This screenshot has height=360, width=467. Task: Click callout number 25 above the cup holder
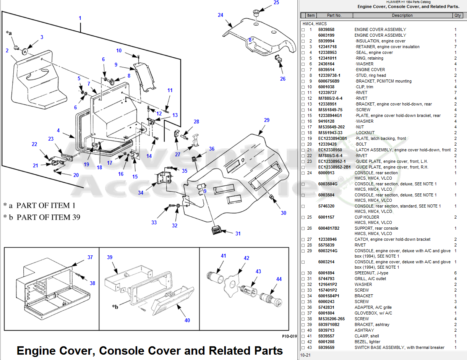[x=276, y=3]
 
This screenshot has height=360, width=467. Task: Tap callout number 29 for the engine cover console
[x=267, y=120]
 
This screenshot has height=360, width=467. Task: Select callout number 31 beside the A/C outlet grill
[x=238, y=234]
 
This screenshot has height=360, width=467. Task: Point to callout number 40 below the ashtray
[x=187, y=320]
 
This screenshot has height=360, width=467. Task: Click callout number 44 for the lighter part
[x=279, y=279]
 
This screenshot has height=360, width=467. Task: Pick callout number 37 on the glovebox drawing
[x=90, y=257]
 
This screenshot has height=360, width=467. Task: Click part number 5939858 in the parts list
[x=326, y=29]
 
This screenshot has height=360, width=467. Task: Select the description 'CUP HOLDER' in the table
[x=366, y=217]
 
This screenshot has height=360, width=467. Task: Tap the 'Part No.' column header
[x=334, y=15]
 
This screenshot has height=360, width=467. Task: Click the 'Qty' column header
[x=457, y=15]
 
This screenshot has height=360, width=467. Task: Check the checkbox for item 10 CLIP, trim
[x=303, y=87]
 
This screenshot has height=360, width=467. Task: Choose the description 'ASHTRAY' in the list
[x=364, y=330]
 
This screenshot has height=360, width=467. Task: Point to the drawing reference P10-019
[x=289, y=337]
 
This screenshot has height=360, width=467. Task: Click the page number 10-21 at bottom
[x=305, y=355]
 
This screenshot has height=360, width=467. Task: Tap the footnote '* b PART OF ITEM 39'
[x=42, y=217]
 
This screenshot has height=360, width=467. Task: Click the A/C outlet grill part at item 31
[x=216, y=231]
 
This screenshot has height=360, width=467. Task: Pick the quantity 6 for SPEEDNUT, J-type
[x=455, y=273]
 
